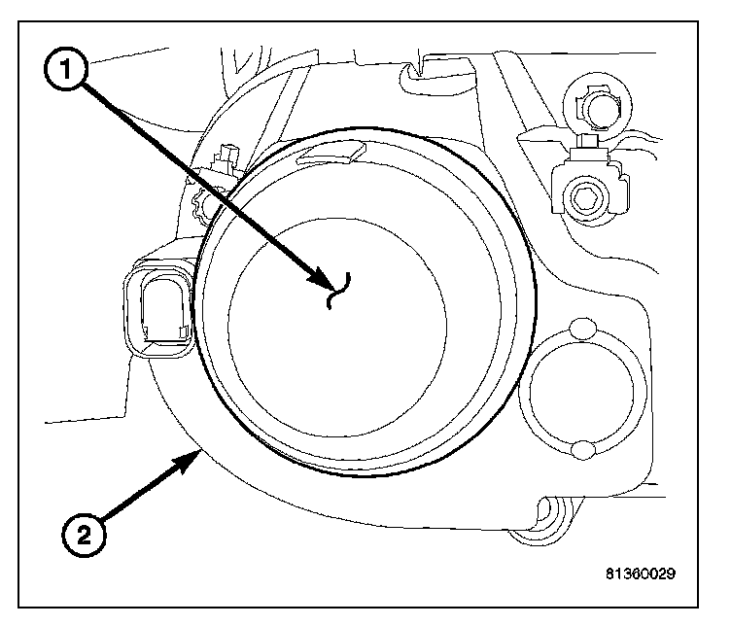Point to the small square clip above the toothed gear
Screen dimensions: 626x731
click(230, 156)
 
